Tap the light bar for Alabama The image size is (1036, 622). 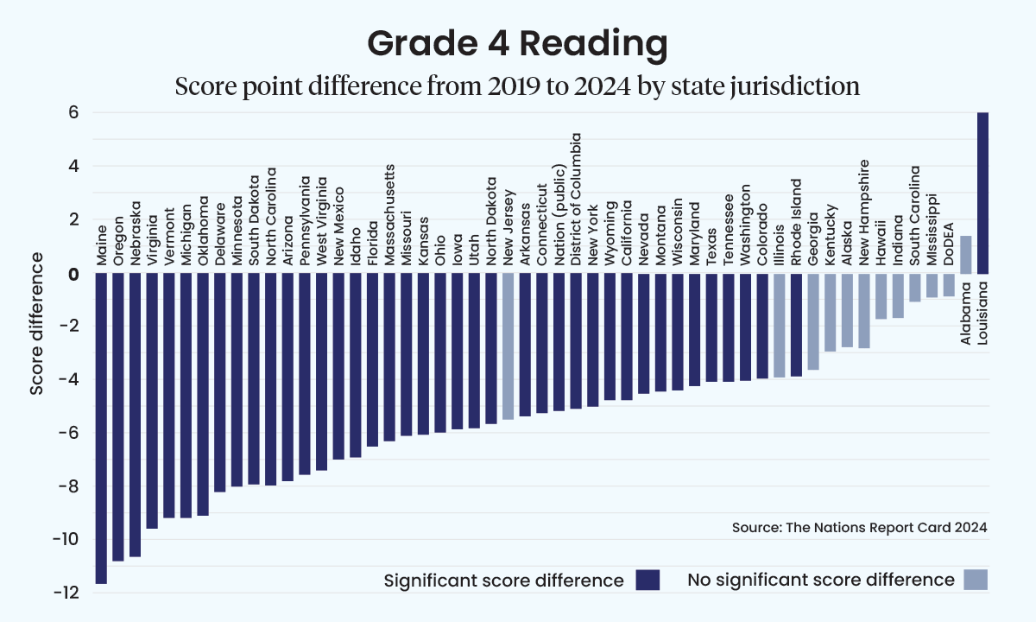(x=966, y=255)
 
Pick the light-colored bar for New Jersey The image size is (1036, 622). (x=508, y=346)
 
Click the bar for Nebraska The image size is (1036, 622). (x=135, y=415)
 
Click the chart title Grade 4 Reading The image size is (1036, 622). (x=517, y=43)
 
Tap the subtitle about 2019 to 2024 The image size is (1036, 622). (x=517, y=86)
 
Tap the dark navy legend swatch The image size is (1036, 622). (x=647, y=580)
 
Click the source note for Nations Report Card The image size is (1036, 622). (x=859, y=527)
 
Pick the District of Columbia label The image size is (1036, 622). (x=576, y=199)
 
